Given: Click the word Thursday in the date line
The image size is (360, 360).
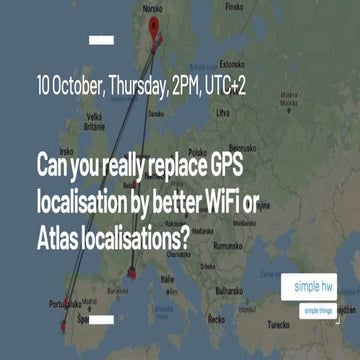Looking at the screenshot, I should (x=134, y=87).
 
